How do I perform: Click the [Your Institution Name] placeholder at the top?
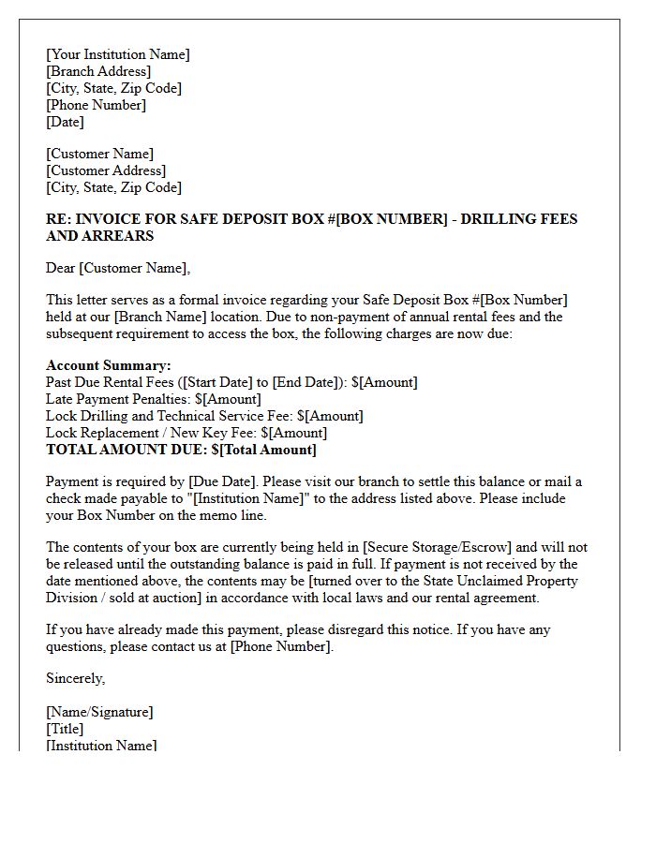[118, 54]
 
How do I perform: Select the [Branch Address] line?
[98, 71]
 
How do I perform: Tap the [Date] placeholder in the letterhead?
[65, 122]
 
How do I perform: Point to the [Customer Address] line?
[106, 170]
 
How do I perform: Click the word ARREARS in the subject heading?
[87, 236]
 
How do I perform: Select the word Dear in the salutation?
[61, 269]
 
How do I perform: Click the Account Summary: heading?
[109, 365]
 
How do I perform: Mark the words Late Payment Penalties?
[117, 399]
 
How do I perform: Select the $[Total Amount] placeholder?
[264, 450]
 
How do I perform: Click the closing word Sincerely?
[75, 678]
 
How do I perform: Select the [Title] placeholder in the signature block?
[65, 729]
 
